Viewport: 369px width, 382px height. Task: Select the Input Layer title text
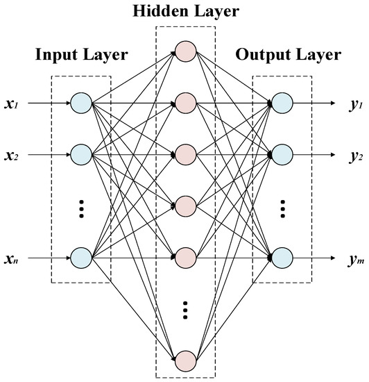point(80,55)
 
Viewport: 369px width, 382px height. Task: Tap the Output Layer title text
point(289,55)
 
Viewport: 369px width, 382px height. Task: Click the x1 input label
point(15,103)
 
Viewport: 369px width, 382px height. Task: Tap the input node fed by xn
point(80,257)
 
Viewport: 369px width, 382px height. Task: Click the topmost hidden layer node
point(185,51)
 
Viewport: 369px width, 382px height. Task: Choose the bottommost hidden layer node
point(185,360)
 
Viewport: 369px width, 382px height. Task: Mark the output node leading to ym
point(282,257)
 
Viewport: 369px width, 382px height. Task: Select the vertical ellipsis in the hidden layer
point(185,310)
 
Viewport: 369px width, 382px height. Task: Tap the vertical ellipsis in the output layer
point(282,208)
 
